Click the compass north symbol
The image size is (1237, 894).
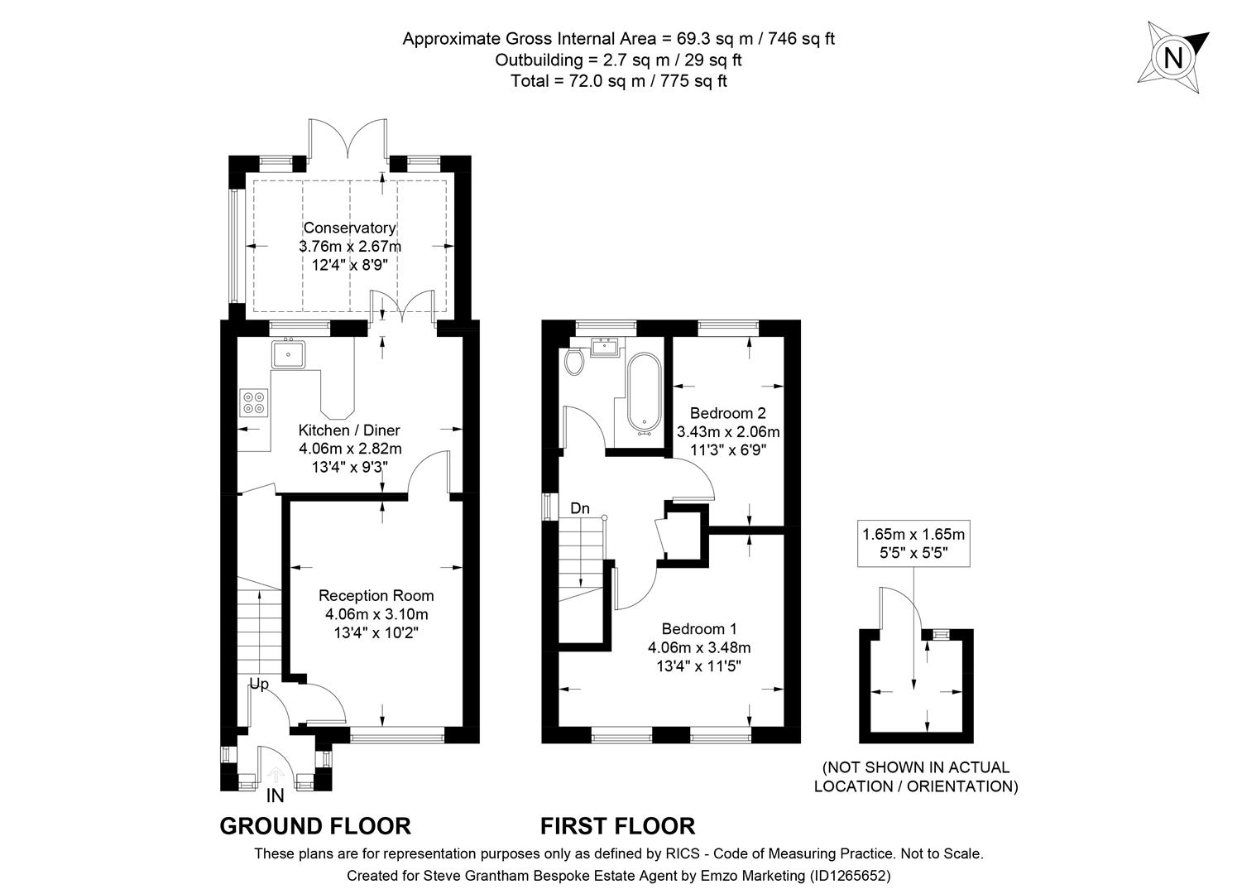pos(1172,58)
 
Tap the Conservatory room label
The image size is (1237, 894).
pos(349,228)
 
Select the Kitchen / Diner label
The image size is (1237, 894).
pos(349,430)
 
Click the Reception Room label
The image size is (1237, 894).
pos(376,595)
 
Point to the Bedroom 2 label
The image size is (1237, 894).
pos(728,413)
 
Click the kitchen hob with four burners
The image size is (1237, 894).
pos(254,402)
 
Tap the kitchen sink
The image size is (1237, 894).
pos(289,354)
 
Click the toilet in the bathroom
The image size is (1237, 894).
pos(573,361)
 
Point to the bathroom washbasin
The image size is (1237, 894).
pos(608,347)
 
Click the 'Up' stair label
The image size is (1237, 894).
pos(260,685)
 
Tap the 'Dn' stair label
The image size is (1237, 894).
pos(580,508)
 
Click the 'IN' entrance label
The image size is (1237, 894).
pos(276,796)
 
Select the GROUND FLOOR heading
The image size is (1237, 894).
pos(315,826)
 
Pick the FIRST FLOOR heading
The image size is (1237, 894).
pos(618,826)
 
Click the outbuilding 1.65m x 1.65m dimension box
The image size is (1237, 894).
pos(914,543)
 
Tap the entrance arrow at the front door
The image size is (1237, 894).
pos(276,775)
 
